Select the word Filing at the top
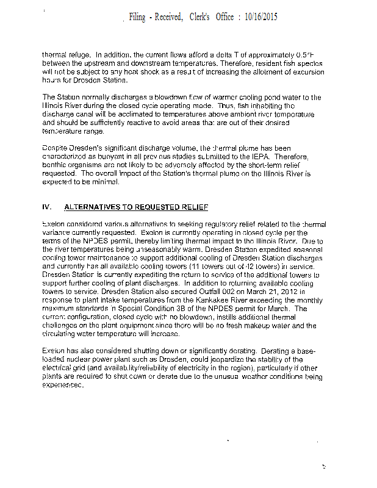(137, 17)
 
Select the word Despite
(54, 148)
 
